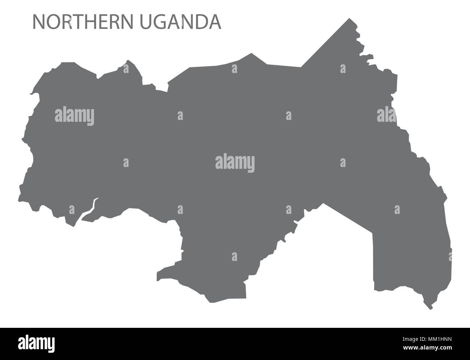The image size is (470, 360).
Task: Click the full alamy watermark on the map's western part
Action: (74, 116)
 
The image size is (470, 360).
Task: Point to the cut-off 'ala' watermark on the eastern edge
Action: (386, 116)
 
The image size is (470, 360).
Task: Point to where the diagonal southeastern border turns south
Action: (373, 232)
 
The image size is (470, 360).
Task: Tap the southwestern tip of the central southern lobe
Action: (158, 279)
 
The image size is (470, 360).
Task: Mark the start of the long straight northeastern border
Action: (301, 67)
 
